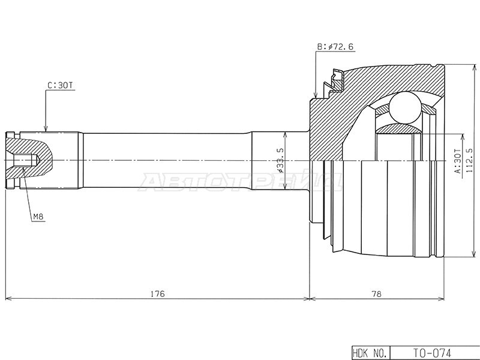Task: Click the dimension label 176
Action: tap(158, 294)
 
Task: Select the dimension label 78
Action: tap(377, 294)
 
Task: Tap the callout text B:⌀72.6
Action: tap(335, 47)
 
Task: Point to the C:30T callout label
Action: tap(61, 85)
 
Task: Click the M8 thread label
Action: tap(38, 217)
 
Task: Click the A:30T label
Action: tap(457, 161)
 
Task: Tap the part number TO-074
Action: tap(432, 353)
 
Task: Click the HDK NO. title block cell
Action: tap(371, 353)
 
